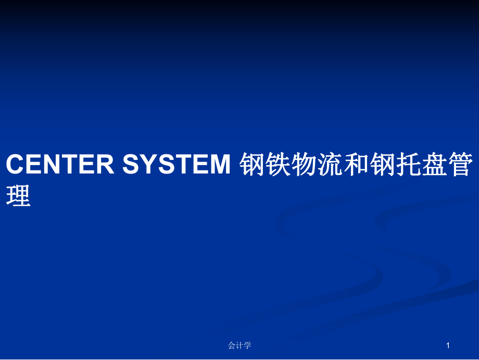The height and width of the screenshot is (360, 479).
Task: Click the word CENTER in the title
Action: point(60,164)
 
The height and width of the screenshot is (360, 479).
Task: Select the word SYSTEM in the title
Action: point(177,164)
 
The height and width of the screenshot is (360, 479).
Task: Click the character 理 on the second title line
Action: point(18,195)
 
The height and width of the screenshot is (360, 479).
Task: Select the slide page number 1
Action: point(448,345)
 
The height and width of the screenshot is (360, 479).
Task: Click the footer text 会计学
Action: point(240,345)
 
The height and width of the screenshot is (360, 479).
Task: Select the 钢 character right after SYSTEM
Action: point(251,165)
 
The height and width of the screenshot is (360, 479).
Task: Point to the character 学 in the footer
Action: point(247,345)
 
